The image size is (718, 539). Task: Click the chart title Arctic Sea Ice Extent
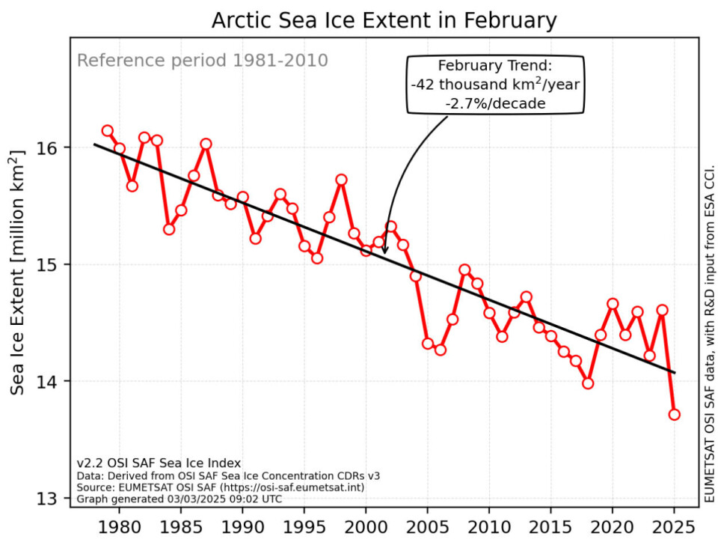[x=384, y=21]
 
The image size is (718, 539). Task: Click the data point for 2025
[x=674, y=414]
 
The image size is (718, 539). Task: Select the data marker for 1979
[x=108, y=131]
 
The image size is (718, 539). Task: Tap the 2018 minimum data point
[x=588, y=383]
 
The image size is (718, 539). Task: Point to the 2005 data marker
[x=428, y=344]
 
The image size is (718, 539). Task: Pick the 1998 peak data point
[x=341, y=180]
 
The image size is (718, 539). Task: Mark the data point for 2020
[x=613, y=303]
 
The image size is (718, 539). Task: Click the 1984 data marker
[x=169, y=229]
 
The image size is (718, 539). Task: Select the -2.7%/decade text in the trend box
[x=494, y=103]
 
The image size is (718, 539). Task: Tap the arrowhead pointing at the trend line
[x=385, y=250]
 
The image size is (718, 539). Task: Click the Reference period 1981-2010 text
[x=203, y=60]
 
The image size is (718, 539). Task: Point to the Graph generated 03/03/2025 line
[x=179, y=498]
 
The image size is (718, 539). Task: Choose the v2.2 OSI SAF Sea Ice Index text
[x=159, y=463]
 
